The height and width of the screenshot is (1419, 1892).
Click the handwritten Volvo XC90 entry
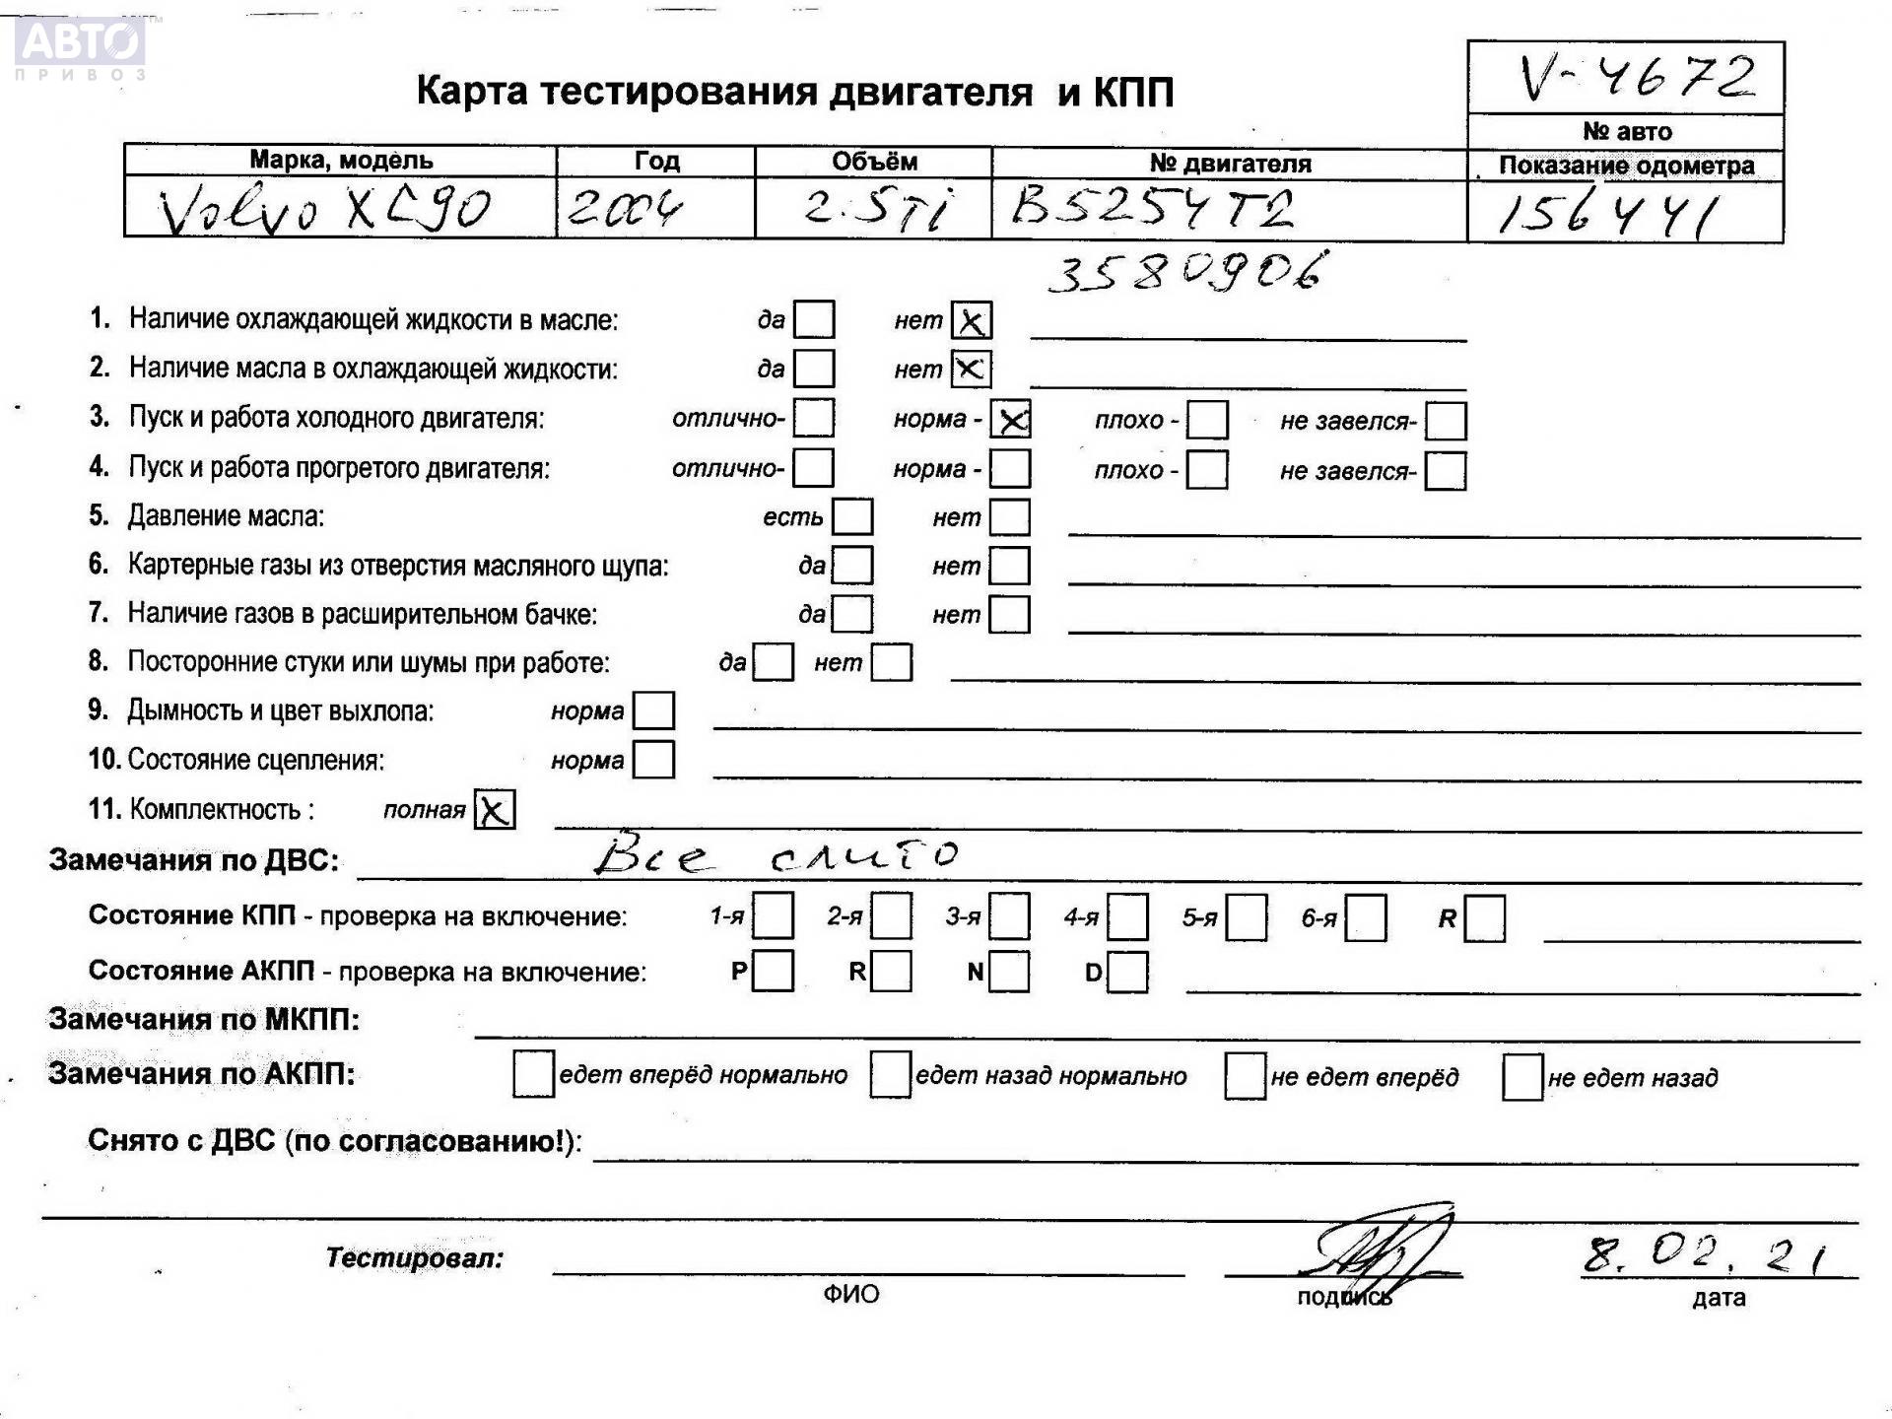[325, 209]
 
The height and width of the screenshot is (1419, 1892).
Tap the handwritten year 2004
[625, 209]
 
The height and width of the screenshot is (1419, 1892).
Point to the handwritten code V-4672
[1636, 77]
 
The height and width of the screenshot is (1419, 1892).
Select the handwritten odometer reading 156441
[1607, 214]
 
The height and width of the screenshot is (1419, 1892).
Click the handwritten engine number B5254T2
[1153, 207]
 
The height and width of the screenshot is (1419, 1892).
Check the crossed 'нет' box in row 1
[971, 320]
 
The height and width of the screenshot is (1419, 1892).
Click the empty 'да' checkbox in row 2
[814, 369]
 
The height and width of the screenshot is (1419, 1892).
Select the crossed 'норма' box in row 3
[1011, 420]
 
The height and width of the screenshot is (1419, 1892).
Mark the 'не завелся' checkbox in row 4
[1446, 471]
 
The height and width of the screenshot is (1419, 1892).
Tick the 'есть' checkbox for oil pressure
[852, 516]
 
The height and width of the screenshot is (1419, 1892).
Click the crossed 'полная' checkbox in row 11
[495, 810]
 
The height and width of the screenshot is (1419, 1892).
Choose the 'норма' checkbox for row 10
[653, 760]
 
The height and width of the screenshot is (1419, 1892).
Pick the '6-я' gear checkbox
[1366, 917]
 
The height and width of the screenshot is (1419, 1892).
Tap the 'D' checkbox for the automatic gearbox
[1128, 972]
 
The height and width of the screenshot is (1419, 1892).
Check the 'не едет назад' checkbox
[1522, 1076]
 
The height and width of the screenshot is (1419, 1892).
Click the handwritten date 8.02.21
[1705, 1254]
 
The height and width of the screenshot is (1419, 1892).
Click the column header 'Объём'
[873, 162]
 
